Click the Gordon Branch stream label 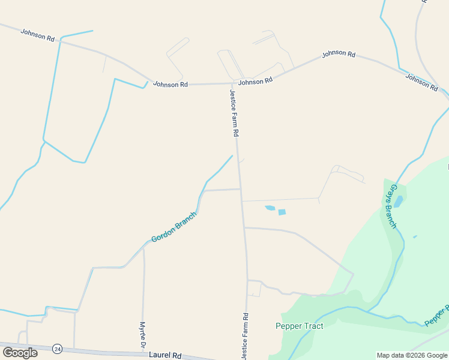tap(174, 227)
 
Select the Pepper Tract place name tap(299, 326)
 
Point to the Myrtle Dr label tap(143, 335)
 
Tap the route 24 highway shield tap(57, 349)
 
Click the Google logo tap(20, 352)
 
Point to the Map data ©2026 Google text tap(412, 355)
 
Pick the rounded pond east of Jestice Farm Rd tap(270, 208)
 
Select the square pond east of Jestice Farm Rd tap(282, 212)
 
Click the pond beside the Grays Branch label tap(398, 201)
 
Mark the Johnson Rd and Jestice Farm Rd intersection tap(234, 83)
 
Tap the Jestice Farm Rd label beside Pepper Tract tap(245, 336)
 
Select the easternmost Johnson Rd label tap(421, 82)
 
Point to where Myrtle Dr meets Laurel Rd tap(143, 353)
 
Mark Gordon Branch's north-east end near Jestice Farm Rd tap(232, 156)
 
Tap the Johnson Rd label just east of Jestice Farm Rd tap(255, 81)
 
